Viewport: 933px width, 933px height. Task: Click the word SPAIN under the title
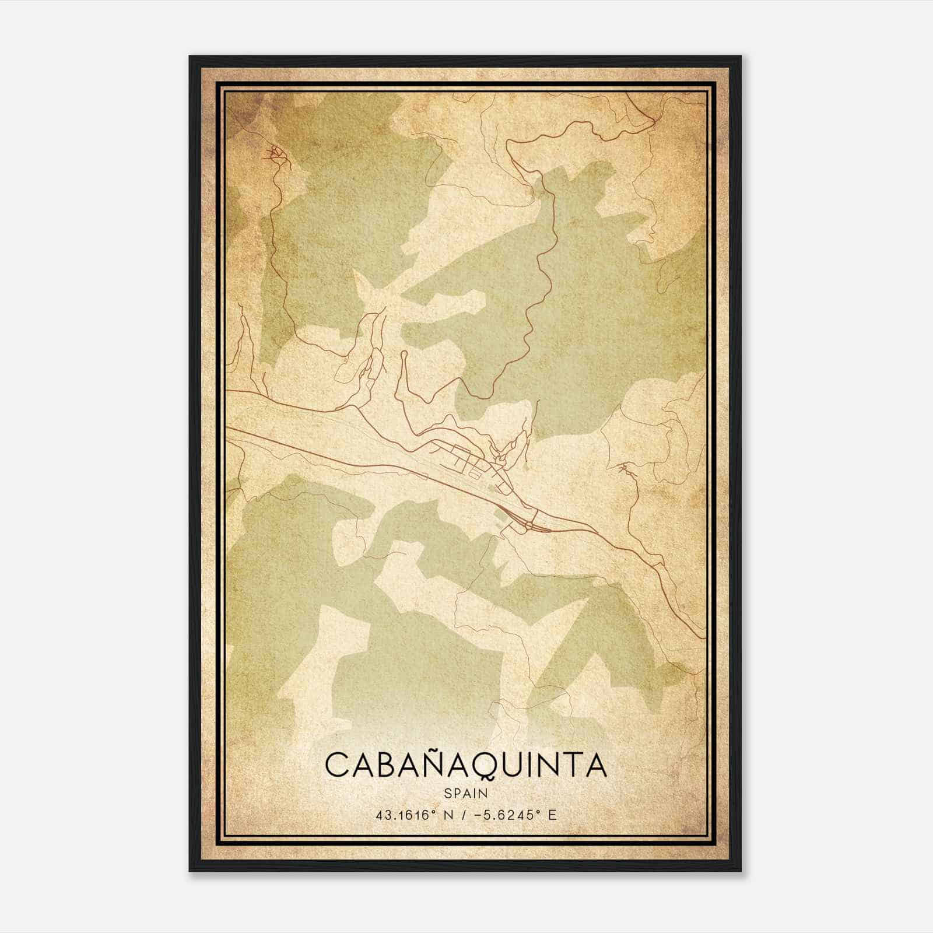pyautogui.click(x=466, y=793)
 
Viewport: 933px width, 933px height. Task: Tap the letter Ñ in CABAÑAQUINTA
pyautogui.click(x=419, y=764)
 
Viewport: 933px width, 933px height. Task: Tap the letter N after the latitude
pyautogui.click(x=448, y=815)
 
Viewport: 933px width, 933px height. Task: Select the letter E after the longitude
pyautogui.click(x=552, y=815)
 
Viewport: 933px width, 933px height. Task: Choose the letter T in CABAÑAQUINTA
pyautogui.click(x=569, y=765)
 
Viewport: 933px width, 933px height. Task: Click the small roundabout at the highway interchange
pyautogui.click(x=528, y=527)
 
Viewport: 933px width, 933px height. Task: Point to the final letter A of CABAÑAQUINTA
pyautogui.click(x=595, y=765)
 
